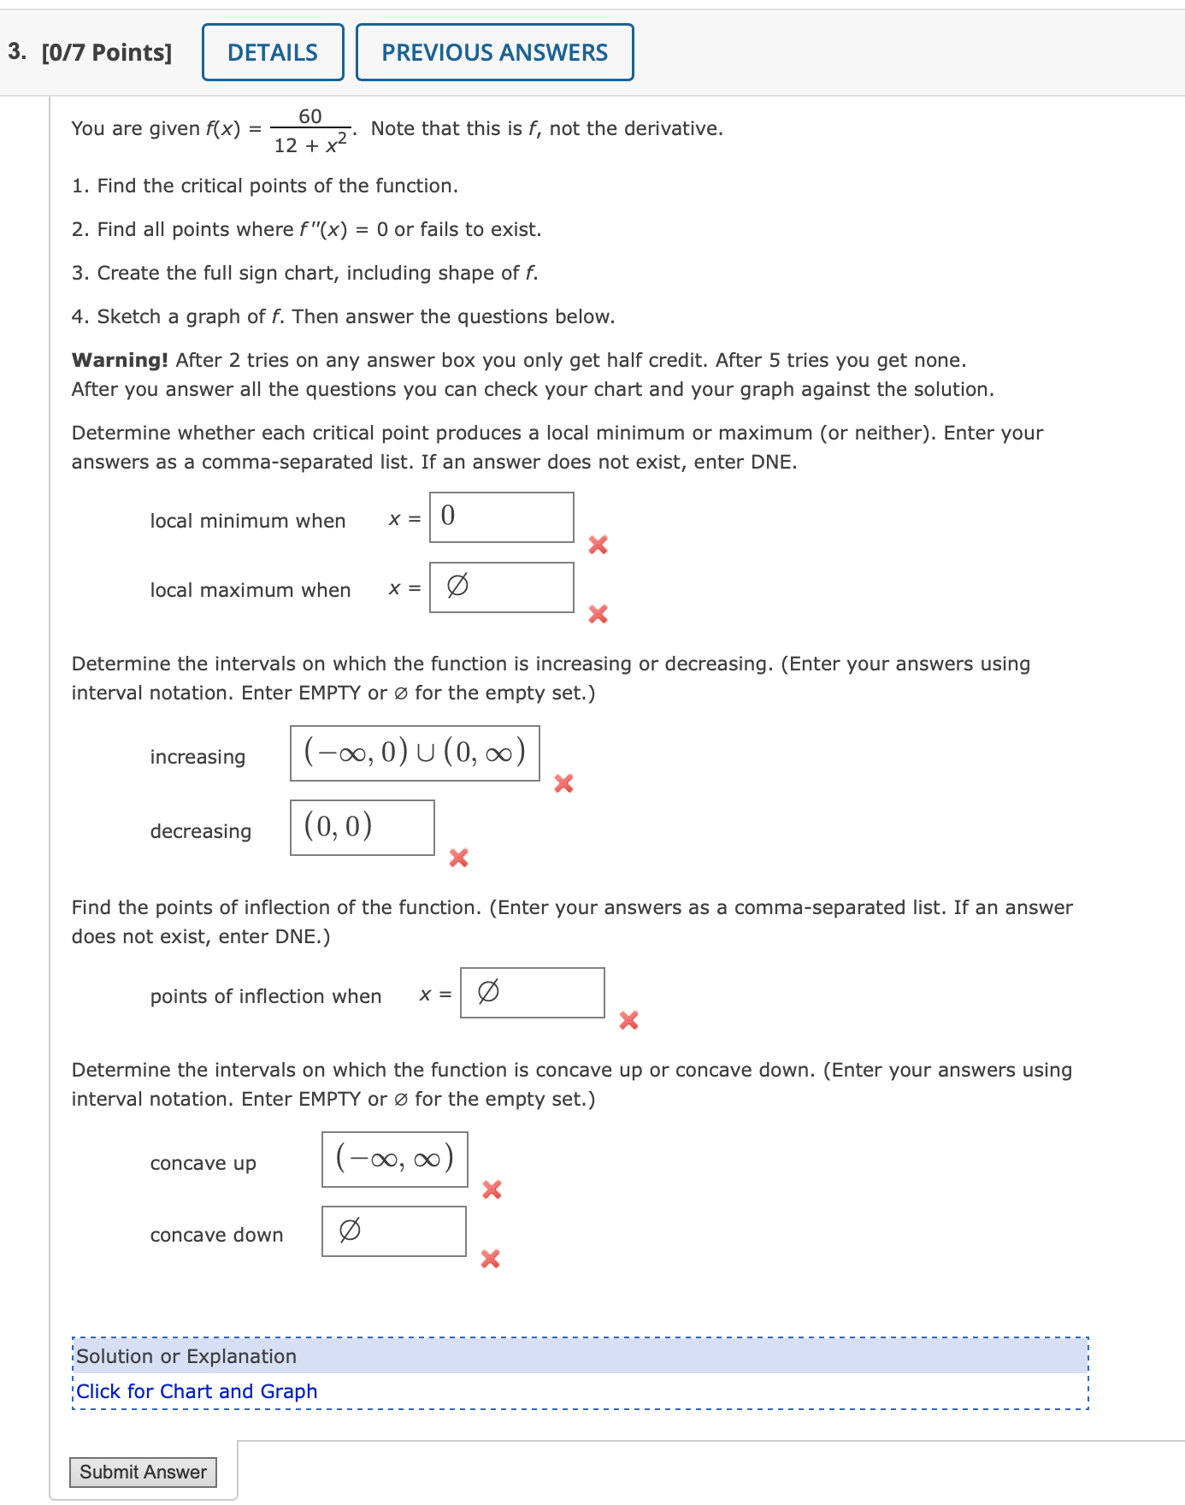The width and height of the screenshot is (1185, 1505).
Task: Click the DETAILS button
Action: pos(273,53)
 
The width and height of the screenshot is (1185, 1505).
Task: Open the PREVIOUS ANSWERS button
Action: pos(494,53)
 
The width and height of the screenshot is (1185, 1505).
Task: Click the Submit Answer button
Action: pos(143,1472)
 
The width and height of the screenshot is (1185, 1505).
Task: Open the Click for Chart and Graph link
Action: pos(197,1391)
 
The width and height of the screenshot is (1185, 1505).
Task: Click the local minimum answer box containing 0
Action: pos(501,517)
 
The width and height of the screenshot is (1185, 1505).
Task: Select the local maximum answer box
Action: pos(501,587)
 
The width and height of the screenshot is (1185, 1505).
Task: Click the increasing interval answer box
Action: pos(415,753)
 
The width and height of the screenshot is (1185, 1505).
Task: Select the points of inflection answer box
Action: pos(532,993)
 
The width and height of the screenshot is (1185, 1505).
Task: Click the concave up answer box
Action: pos(394,1160)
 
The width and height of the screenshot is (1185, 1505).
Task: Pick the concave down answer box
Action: pos(393,1231)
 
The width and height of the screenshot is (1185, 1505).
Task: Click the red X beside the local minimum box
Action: pos(598,545)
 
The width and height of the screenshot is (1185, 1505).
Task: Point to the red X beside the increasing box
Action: pos(563,783)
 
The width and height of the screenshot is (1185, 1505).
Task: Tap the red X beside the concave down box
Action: pos(490,1259)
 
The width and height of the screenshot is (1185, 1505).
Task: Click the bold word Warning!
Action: pos(120,360)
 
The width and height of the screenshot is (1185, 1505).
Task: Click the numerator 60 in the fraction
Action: pos(310,116)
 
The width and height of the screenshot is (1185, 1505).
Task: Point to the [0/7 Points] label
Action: pos(106,53)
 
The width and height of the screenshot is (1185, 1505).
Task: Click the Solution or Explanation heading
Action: pos(186,1356)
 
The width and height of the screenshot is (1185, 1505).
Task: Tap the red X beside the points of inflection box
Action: pos(628,1020)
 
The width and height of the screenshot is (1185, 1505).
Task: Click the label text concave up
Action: pos(203,1163)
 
